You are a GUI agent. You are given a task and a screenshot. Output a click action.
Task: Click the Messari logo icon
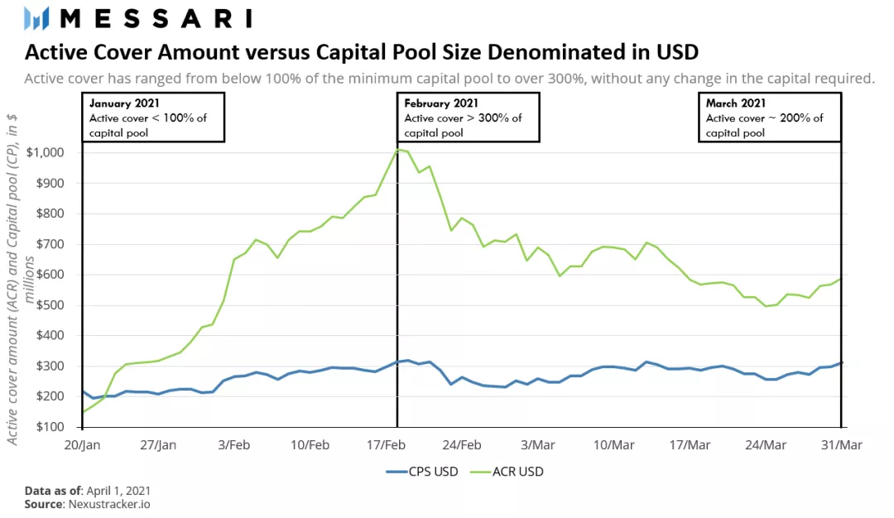point(37,18)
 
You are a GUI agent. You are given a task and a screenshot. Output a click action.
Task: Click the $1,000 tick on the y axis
point(51,152)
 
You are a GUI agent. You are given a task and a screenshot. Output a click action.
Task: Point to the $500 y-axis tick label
point(57,305)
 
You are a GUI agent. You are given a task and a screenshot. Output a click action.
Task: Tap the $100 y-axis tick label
point(57,427)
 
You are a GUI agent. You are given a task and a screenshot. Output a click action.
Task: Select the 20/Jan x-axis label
point(83,444)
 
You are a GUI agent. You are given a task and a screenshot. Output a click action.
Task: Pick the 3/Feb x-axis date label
point(234,444)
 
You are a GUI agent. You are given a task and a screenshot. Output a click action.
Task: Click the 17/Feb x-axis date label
point(387,444)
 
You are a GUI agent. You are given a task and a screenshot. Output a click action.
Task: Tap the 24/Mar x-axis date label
point(766,444)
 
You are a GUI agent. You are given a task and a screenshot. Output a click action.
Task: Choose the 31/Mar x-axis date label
point(842,444)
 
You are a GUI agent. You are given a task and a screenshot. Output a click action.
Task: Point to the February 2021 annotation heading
point(441,103)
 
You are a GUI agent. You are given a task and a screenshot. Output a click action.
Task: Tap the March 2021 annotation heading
point(738,103)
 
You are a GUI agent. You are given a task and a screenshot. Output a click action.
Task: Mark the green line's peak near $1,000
point(399,150)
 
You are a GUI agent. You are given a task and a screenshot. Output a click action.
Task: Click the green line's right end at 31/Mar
point(841,279)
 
